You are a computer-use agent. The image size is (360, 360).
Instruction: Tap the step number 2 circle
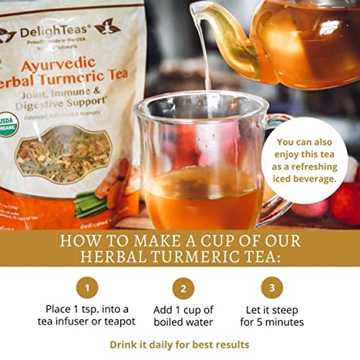[183, 289]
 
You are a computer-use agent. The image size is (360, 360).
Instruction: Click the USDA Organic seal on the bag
[15, 119]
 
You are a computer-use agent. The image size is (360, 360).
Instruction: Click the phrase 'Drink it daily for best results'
[179, 345]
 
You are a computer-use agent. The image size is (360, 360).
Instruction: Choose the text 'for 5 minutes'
[271, 322]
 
